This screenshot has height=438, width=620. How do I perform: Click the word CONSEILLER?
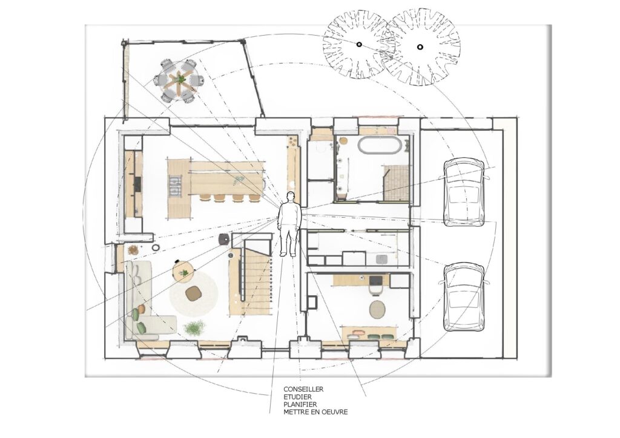(x=303, y=389)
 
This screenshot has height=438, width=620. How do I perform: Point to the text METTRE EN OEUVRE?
(x=315, y=412)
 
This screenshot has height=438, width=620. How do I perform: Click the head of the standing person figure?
(x=291, y=196)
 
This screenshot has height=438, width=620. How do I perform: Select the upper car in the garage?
(x=464, y=192)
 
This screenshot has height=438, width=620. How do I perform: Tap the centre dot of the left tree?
(x=359, y=45)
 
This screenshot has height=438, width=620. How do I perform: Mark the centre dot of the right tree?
(x=420, y=47)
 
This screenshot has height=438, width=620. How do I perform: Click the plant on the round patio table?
(x=180, y=79)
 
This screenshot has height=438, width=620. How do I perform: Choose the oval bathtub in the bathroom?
(x=380, y=145)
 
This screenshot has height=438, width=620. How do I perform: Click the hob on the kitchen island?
(x=175, y=187)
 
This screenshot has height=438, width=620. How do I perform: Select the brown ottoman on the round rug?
(x=194, y=294)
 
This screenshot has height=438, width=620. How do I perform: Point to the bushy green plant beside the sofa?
(x=194, y=327)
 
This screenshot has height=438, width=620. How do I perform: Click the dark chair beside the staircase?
(x=224, y=238)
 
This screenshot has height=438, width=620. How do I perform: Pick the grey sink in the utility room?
(x=381, y=260)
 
